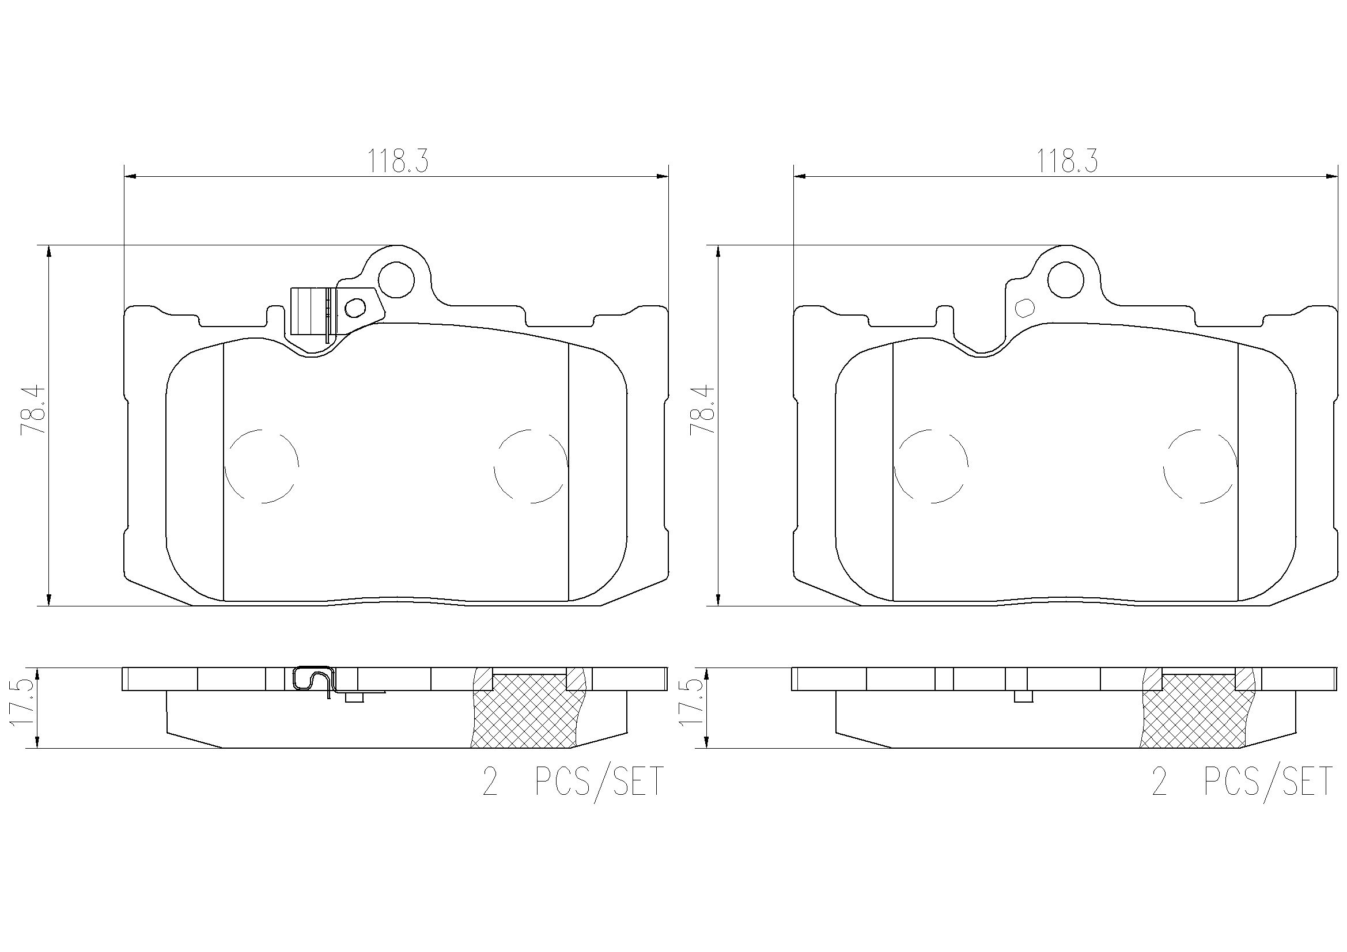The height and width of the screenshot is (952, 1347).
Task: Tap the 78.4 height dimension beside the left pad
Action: (32, 409)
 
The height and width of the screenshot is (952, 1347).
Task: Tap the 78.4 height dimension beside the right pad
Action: (702, 409)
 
